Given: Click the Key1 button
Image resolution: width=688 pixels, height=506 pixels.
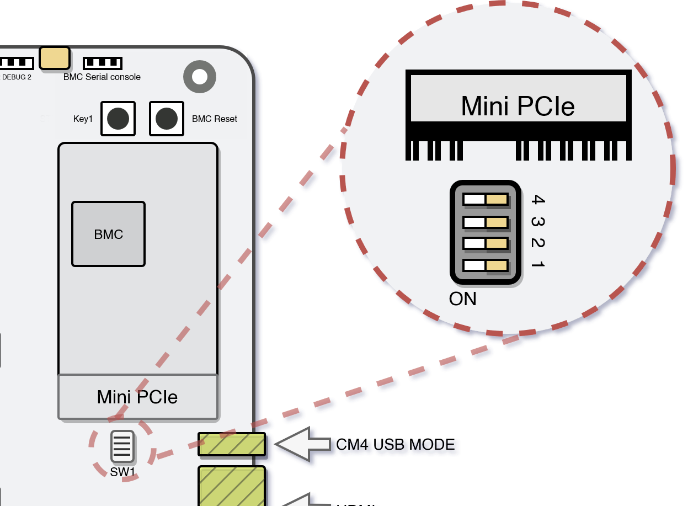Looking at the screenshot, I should click(118, 119).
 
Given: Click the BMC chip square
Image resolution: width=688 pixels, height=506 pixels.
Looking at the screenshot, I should click(108, 234).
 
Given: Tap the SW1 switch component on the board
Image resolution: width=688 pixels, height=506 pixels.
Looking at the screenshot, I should click(122, 446).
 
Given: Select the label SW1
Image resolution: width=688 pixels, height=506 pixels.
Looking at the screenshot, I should click(122, 472).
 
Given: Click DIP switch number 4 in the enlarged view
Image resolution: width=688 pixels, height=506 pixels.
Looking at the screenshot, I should click(486, 199).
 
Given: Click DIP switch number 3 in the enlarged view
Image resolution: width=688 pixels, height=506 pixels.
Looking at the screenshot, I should click(486, 222).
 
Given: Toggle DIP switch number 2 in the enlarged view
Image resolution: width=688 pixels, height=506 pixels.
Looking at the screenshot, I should click(486, 243).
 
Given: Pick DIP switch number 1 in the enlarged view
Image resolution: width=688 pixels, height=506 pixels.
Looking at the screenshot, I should click(486, 265).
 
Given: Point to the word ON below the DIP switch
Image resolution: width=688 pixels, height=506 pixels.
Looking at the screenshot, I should click(462, 299).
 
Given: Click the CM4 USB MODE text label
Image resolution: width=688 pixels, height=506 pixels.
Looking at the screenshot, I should click(395, 444).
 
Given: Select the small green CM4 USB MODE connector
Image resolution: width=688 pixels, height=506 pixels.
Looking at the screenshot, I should click(232, 444).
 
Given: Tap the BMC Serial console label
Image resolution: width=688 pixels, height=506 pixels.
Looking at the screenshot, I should click(102, 77).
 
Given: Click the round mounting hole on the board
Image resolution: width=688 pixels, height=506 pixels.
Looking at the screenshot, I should click(199, 77).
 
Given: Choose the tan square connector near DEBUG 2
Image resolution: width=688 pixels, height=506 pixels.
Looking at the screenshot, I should click(55, 58).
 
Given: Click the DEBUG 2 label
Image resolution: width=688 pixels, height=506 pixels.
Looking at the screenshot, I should click(17, 77).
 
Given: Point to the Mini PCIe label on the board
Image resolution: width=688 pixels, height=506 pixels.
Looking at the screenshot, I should click(137, 397).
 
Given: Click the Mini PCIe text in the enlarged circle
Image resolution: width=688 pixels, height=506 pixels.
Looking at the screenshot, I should click(518, 106).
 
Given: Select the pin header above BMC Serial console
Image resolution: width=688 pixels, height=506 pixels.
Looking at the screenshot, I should click(102, 63).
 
